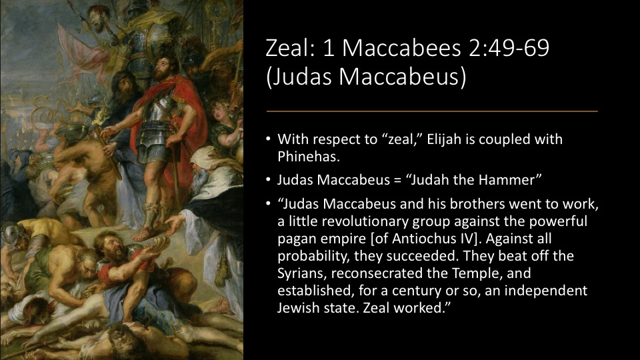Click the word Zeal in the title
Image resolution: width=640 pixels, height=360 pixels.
coord(287,48)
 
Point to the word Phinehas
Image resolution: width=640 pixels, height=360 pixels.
coord(308,157)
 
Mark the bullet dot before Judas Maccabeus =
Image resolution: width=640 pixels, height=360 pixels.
coord(268,179)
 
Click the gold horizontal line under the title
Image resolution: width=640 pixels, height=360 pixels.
coord(432,111)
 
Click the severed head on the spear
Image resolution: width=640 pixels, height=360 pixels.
coord(97,19)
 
